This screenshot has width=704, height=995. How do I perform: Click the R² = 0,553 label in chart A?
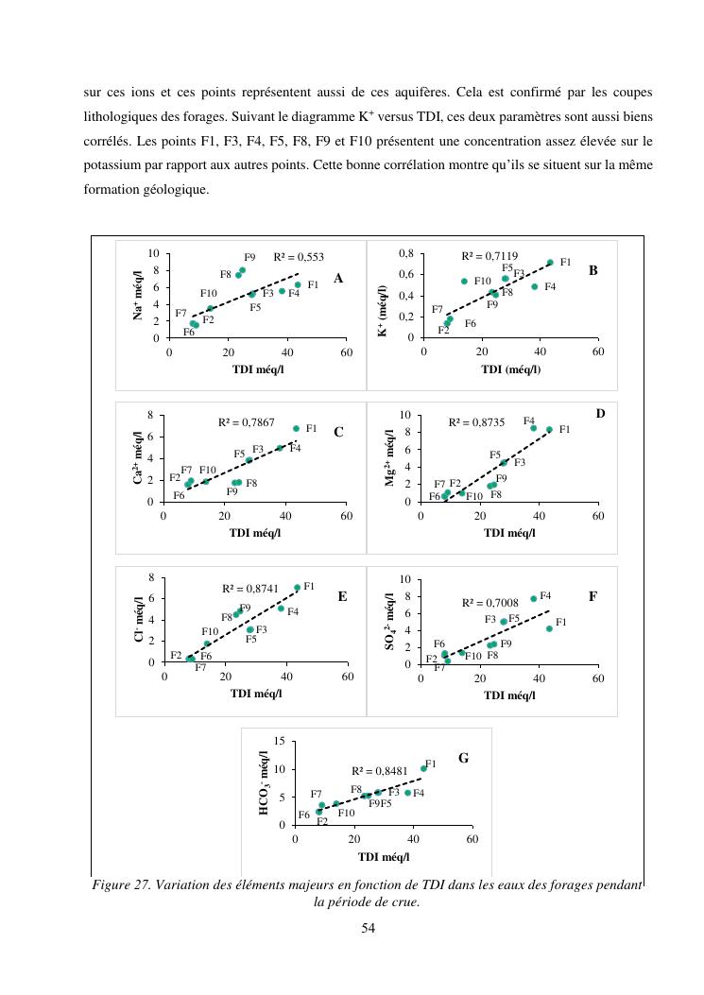[x=299, y=257]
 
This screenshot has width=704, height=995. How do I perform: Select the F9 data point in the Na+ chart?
[x=242, y=270]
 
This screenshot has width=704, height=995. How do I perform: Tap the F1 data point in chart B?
[x=550, y=263]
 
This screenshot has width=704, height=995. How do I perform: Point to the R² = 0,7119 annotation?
[x=489, y=256]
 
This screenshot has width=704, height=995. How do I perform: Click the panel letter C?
[x=338, y=433]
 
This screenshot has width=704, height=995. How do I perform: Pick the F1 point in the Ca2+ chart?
[x=296, y=429]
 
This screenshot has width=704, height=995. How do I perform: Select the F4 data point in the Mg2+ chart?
[x=533, y=428]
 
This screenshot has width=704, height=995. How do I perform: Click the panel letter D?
[x=600, y=414]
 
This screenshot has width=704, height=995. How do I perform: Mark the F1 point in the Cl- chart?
[x=297, y=588]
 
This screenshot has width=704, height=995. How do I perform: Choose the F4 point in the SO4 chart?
[x=533, y=598]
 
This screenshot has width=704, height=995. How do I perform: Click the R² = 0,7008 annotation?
[x=490, y=602]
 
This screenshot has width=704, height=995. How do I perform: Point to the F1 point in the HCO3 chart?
[x=423, y=768]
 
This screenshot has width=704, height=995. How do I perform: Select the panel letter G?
[x=463, y=758]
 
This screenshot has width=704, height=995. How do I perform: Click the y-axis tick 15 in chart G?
[x=279, y=741]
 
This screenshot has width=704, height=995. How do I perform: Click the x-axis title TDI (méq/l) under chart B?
[x=511, y=369]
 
